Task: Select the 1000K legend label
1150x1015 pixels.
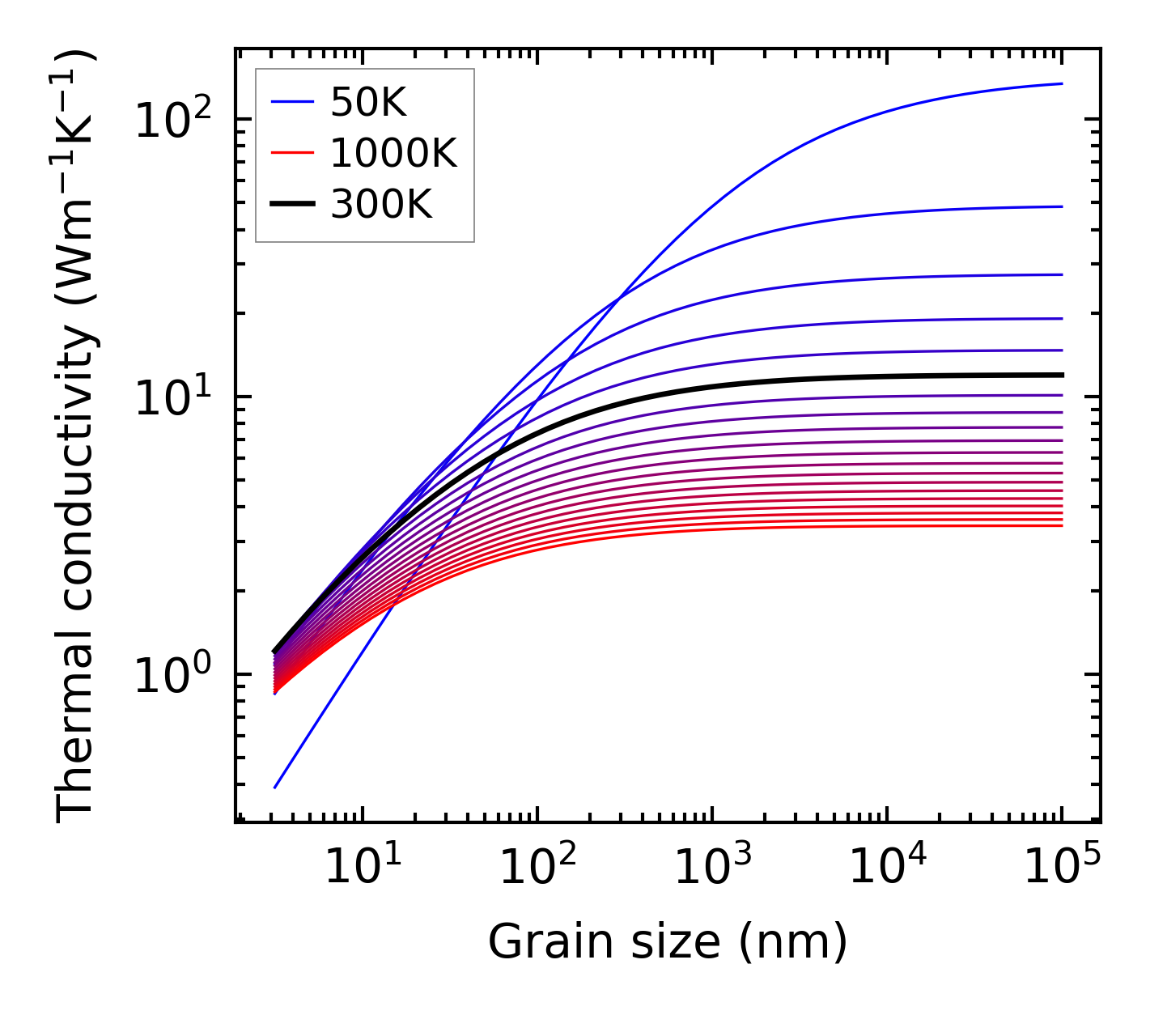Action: (x=393, y=153)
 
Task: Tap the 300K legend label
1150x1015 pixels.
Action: (x=381, y=205)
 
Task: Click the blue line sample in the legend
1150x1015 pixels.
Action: (x=291, y=102)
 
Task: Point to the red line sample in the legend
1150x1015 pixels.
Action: (x=291, y=153)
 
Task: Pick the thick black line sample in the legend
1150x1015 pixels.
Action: (x=291, y=205)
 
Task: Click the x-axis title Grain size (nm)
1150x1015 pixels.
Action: (x=668, y=942)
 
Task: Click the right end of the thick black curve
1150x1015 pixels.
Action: (x=1061, y=375)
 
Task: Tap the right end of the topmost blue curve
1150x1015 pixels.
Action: (x=1061, y=83)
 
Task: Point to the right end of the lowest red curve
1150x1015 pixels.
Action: (x=1061, y=526)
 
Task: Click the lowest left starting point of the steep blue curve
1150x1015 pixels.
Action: (x=275, y=787)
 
